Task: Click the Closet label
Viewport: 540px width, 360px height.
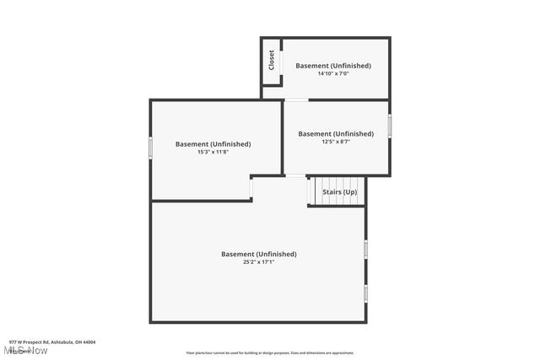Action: (x=272, y=60)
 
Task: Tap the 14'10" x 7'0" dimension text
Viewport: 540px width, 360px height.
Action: (x=333, y=74)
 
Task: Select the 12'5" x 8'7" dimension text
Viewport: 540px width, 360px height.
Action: (x=336, y=142)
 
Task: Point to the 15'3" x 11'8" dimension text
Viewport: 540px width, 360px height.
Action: (x=213, y=153)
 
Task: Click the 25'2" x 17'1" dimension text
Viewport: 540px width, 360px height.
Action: (x=259, y=262)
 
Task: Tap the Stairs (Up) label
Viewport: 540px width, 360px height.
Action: (x=339, y=192)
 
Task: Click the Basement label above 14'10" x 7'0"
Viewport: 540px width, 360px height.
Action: (x=333, y=65)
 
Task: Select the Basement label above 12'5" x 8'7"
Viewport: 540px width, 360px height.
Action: (x=336, y=133)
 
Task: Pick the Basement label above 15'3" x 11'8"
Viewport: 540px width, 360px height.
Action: (x=213, y=143)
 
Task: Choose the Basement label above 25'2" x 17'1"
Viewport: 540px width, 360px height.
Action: (x=259, y=254)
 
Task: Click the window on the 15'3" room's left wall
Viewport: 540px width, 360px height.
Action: (x=151, y=147)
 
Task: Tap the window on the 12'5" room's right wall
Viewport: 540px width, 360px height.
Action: (x=390, y=125)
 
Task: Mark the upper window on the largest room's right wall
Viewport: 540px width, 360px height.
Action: (x=366, y=248)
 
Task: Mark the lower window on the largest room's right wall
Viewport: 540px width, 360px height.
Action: (x=366, y=293)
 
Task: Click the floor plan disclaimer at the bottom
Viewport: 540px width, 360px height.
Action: (x=270, y=353)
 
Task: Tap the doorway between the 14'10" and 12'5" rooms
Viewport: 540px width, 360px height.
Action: (x=295, y=100)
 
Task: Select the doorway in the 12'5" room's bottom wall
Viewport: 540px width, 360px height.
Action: (x=295, y=175)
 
